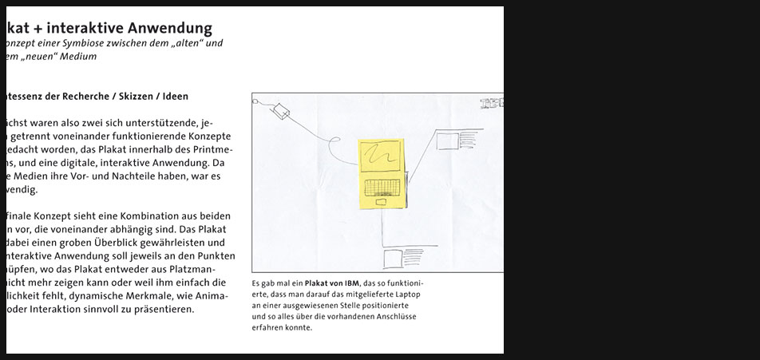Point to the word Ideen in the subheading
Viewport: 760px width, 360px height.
(x=175, y=97)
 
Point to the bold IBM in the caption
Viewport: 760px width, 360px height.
(x=351, y=283)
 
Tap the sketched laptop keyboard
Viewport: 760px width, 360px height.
(x=382, y=188)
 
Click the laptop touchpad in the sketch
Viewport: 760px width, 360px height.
(x=381, y=203)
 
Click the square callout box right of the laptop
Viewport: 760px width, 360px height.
(x=445, y=141)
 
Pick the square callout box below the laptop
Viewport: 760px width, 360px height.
(x=393, y=259)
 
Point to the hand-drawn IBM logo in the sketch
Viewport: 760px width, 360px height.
(x=491, y=103)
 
